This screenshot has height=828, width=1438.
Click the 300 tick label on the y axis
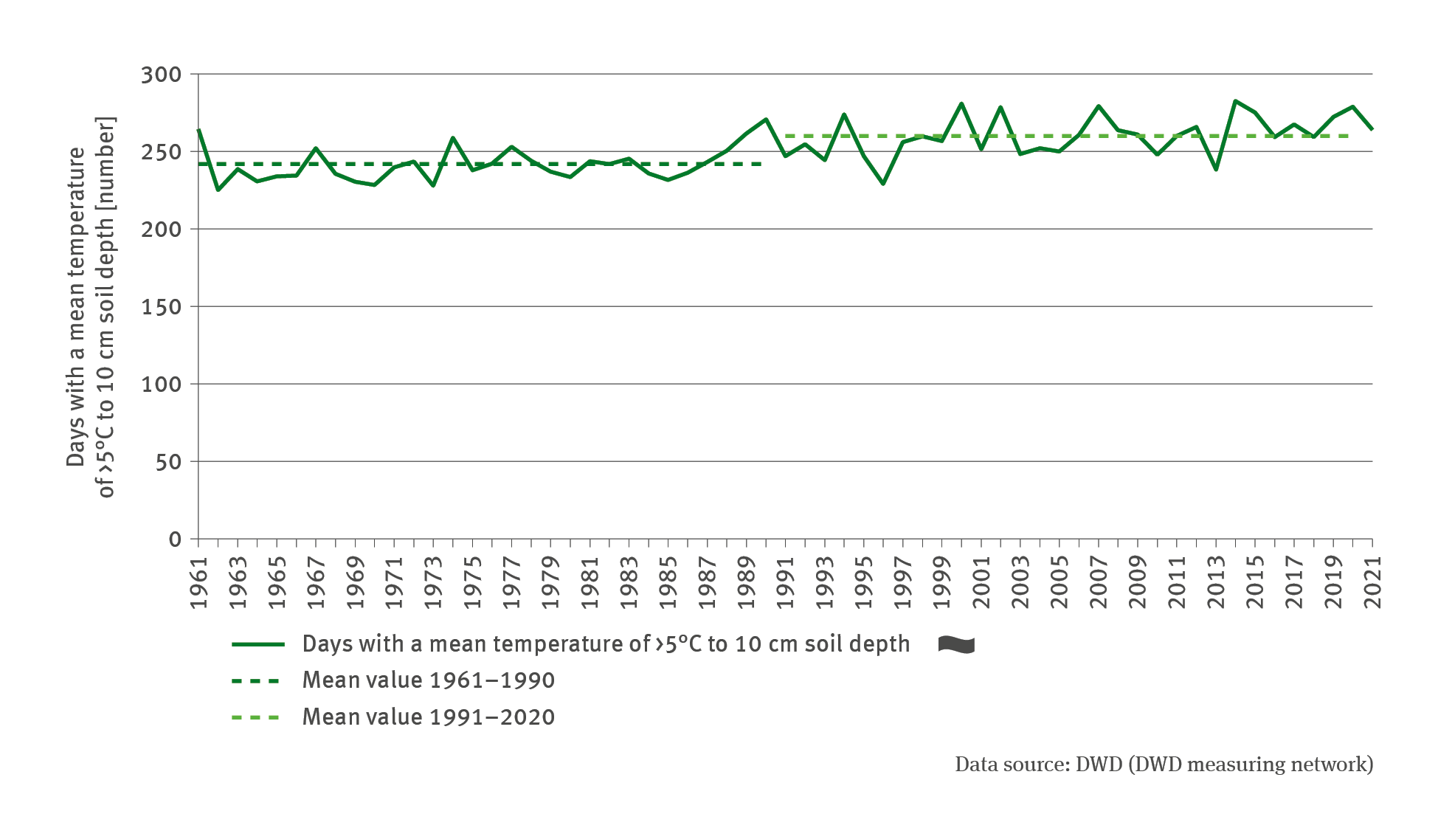[161, 75]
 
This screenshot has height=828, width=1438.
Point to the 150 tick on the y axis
[161, 307]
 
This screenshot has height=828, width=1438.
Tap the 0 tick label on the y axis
[175, 539]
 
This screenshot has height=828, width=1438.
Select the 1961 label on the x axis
[199, 583]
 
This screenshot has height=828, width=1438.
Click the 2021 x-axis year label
[1373, 583]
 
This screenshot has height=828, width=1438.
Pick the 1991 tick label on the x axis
[786, 583]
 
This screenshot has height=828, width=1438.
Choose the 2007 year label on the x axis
[1099, 583]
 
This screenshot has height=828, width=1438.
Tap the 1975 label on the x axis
[473, 583]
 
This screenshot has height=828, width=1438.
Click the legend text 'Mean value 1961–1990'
[428, 680]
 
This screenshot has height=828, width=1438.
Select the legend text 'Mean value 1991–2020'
[428, 717]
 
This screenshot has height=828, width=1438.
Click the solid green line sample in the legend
[257, 644]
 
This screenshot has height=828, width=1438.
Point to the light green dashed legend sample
[256, 717]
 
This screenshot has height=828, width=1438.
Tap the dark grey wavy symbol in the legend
[956, 645]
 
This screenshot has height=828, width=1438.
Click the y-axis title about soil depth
[91, 307]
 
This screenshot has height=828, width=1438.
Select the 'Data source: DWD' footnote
[1164, 765]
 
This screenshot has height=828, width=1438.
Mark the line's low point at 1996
[883, 184]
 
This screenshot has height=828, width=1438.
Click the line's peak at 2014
[1236, 100]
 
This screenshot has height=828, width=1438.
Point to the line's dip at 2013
[1216, 170]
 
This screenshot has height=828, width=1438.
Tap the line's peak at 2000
[961, 103]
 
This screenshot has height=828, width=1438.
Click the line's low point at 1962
[218, 190]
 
